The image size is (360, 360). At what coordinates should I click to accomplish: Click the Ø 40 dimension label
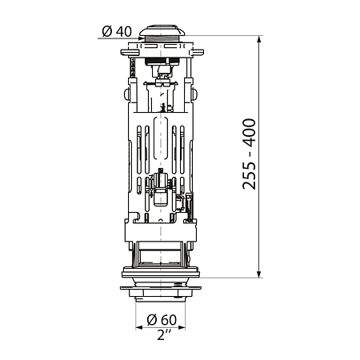click(x=117, y=31)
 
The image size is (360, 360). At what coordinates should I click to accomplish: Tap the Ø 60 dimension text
click(x=162, y=320)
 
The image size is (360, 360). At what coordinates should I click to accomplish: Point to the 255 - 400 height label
click(x=249, y=154)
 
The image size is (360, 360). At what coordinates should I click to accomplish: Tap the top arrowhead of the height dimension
click(x=259, y=39)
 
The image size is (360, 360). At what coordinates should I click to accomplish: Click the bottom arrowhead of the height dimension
click(x=259, y=274)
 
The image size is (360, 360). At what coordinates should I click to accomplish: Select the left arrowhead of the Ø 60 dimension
click(x=139, y=328)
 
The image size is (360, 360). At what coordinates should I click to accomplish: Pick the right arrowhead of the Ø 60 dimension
click(x=182, y=328)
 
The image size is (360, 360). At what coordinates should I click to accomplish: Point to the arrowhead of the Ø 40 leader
click(x=141, y=38)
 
